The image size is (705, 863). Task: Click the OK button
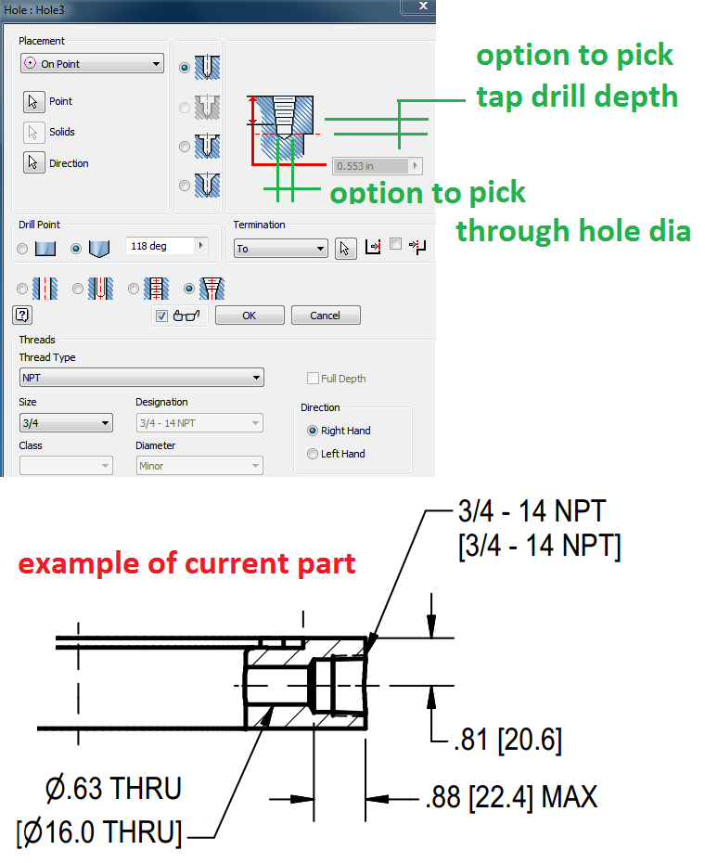coord(249,316)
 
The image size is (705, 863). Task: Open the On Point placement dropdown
coord(92,64)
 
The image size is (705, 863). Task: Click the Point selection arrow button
coord(33,102)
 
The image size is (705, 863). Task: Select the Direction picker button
coord(33,163)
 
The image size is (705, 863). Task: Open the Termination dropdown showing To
coord(280,249)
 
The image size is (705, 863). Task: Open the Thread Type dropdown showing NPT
coord(141,378)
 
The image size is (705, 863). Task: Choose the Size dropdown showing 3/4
coord(66,423)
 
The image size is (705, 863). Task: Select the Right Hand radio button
coord(313,431)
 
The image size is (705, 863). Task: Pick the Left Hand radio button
coord(313,454)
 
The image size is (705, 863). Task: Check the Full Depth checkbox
coord(313,379)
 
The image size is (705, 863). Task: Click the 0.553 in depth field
coord(371,166)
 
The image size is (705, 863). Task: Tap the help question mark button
coord(23,315)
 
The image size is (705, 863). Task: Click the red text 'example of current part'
coord(187,563)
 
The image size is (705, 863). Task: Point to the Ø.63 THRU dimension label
coord(114,789)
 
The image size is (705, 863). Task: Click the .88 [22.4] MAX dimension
coord(511,796)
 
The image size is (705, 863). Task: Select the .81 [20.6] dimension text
coord(507,741)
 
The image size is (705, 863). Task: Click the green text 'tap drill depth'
coord(576,97)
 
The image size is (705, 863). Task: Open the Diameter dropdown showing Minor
coord(199,466)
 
